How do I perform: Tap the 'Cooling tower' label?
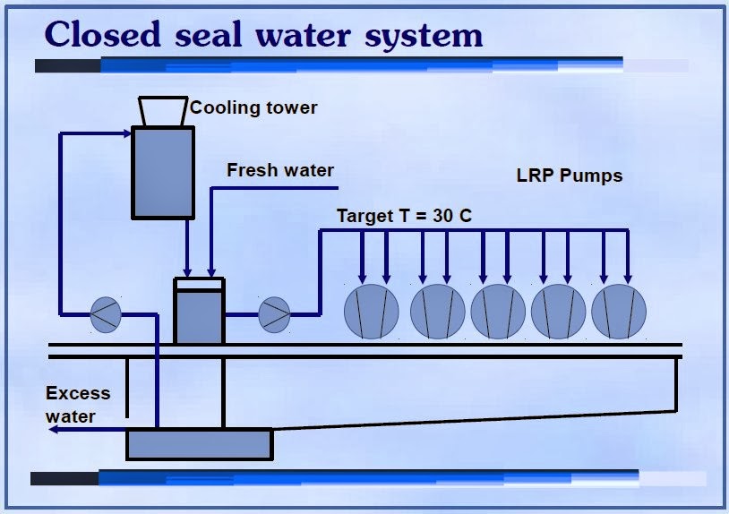tap(253, 108)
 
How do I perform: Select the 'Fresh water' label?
tap(279, 170)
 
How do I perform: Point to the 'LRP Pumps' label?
tap(569, 176)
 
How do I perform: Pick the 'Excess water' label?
tap(78, 404)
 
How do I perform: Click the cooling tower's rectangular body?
tap(163, 172)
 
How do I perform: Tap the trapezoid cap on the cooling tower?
tap(163, 111)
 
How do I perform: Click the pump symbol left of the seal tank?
tap(106, 314)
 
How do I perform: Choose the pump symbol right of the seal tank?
tap(274, 314)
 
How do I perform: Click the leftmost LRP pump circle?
tap(372, 312)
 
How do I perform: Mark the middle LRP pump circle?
tap(498, 312)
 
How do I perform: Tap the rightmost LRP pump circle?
tap(619, 312)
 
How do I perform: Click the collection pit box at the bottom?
tap(199, 444)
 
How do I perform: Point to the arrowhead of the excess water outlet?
tap(54, 430)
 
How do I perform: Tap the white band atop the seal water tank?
tap(199, 285)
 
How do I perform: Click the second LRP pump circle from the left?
tap(438, 312)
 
